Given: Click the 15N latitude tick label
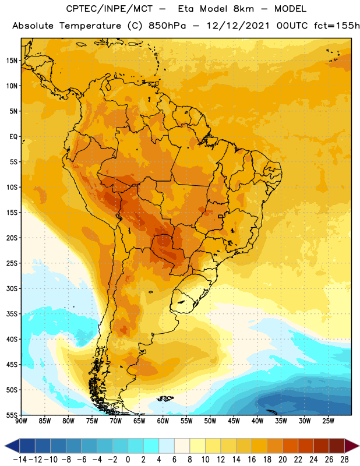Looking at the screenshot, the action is coord(12,61).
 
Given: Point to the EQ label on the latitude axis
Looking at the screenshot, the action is coord(13,137).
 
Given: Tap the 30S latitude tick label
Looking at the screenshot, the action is coord(12,288).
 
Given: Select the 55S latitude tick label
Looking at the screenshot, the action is coord(12,415).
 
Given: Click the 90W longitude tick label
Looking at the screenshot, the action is coord(21,421).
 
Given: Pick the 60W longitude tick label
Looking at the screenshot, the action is coord(163,421).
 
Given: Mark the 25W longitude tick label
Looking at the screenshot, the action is coord(328,421).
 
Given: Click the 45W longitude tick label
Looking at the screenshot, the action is coord(234,421).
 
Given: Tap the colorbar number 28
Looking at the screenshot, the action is coord(344,460).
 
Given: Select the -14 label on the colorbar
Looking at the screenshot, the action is coord(20,460).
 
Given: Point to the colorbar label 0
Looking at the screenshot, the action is coord(128,460).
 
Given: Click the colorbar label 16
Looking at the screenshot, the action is coord(252,460).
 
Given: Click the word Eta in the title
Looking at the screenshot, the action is coord(186,9).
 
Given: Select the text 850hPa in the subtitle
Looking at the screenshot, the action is coord(167,26).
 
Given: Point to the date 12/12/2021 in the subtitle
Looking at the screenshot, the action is coord(238,26).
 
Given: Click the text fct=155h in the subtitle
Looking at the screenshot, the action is coord(337,26).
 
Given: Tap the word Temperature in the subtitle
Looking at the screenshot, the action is coord(90,26).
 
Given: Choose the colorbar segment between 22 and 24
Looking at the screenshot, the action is coord(306,446).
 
